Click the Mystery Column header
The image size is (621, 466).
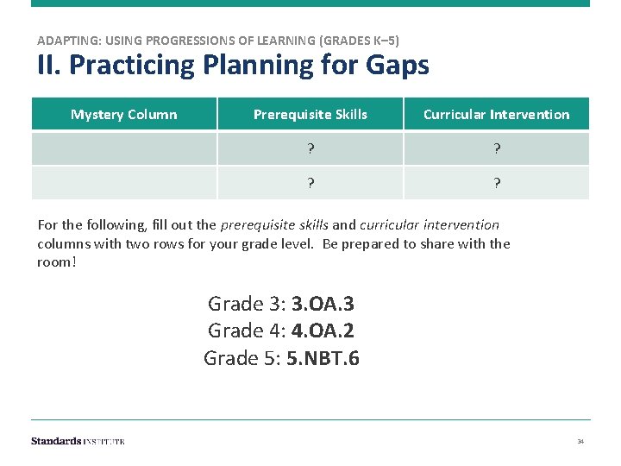[x=123, y=115]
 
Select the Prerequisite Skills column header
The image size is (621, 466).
[x=310, y=115]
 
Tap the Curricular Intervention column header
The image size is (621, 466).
[x=496, y=115]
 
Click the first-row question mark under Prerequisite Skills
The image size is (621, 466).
[x=310, y=148]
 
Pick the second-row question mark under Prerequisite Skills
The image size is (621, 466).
[x=310, y=183]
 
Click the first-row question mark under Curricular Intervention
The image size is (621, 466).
[x=497, y=148]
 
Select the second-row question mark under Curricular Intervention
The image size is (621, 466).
[x=497, y=183]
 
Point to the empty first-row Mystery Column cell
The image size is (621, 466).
[x=123, y=148]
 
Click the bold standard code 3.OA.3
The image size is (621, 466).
[x=323, y=304]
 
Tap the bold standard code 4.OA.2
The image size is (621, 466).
[x=323, y=331]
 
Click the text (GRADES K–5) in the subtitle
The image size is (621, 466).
[x=360, y=41]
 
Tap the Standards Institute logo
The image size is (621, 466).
[x=78, y=441]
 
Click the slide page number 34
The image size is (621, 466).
[x=580, y=442]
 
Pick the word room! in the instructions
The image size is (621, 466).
[x=57, y=261]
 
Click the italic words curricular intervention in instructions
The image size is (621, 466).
[x=430, y=225]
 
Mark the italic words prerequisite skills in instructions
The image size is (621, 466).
[x=274, y=225]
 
